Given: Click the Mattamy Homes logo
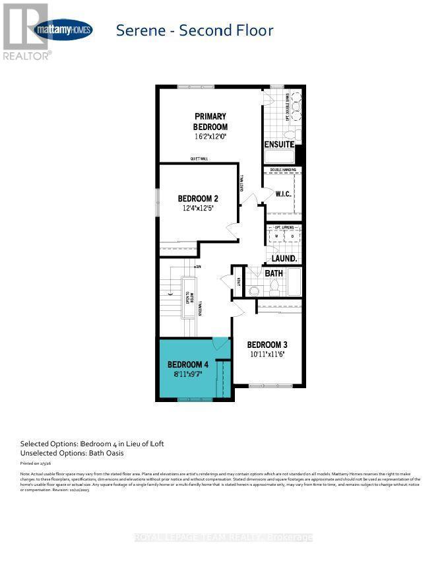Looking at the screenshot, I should pyautogui.click(x=63, y=30).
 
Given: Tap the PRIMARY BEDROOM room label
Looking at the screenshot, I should pyautogui.click(x=210, y=121).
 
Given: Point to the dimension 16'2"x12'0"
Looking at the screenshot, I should pyautogui.click(x=210, y=137).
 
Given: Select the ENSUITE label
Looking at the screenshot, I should pyautogui.click(x=279, y=144).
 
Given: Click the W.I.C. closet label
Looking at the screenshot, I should pyautogui.click(x=284, y=194).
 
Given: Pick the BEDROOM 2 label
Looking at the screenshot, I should pyautogui.click(x=198, y=198).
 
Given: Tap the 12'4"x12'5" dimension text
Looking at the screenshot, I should pyautogui.click(x=198, y=208).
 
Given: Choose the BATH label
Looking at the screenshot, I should pyautogui.click(x=274, y=273).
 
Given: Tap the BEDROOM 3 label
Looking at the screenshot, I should pyautogui.click(x=267, y=345).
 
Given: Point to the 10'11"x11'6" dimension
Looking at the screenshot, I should pyautogui.click(x=267, y=355).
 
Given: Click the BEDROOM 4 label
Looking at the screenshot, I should pyautogui.click(x=188, y=364).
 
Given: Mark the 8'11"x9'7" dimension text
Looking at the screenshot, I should pyautogui.click(x=188, y=374).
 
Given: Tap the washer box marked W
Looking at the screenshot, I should pyautogui.click(x=276, y=236).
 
